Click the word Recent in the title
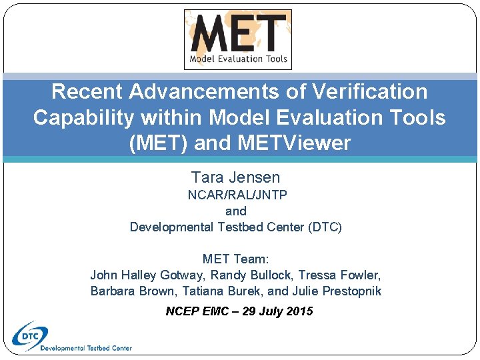[87, 91]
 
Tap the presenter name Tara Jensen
[235, 177]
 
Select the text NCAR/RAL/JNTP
[237, 195]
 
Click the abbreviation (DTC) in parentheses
[325, 227]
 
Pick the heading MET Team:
[236, 259]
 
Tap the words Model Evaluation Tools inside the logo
[239, 59]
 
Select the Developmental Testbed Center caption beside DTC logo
[86, 348]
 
